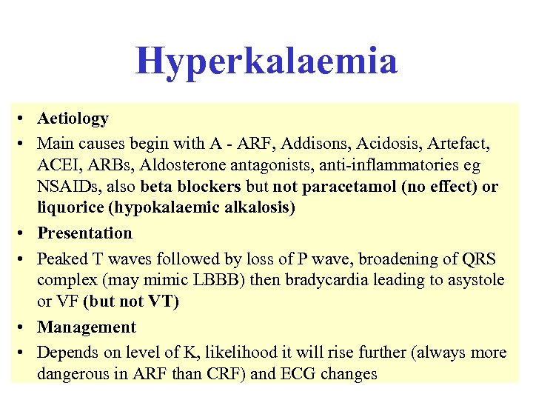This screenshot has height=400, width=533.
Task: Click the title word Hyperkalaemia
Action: click(266, 61)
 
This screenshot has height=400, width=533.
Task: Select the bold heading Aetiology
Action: click(73, 119)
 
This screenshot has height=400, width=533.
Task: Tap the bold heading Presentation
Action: click(84, 233)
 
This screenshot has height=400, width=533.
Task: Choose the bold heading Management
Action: click(87, 327)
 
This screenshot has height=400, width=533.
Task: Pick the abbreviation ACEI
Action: click(58, 164)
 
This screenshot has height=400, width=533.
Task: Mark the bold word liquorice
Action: click(70, 208)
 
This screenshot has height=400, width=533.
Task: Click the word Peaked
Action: click(62, 259)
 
